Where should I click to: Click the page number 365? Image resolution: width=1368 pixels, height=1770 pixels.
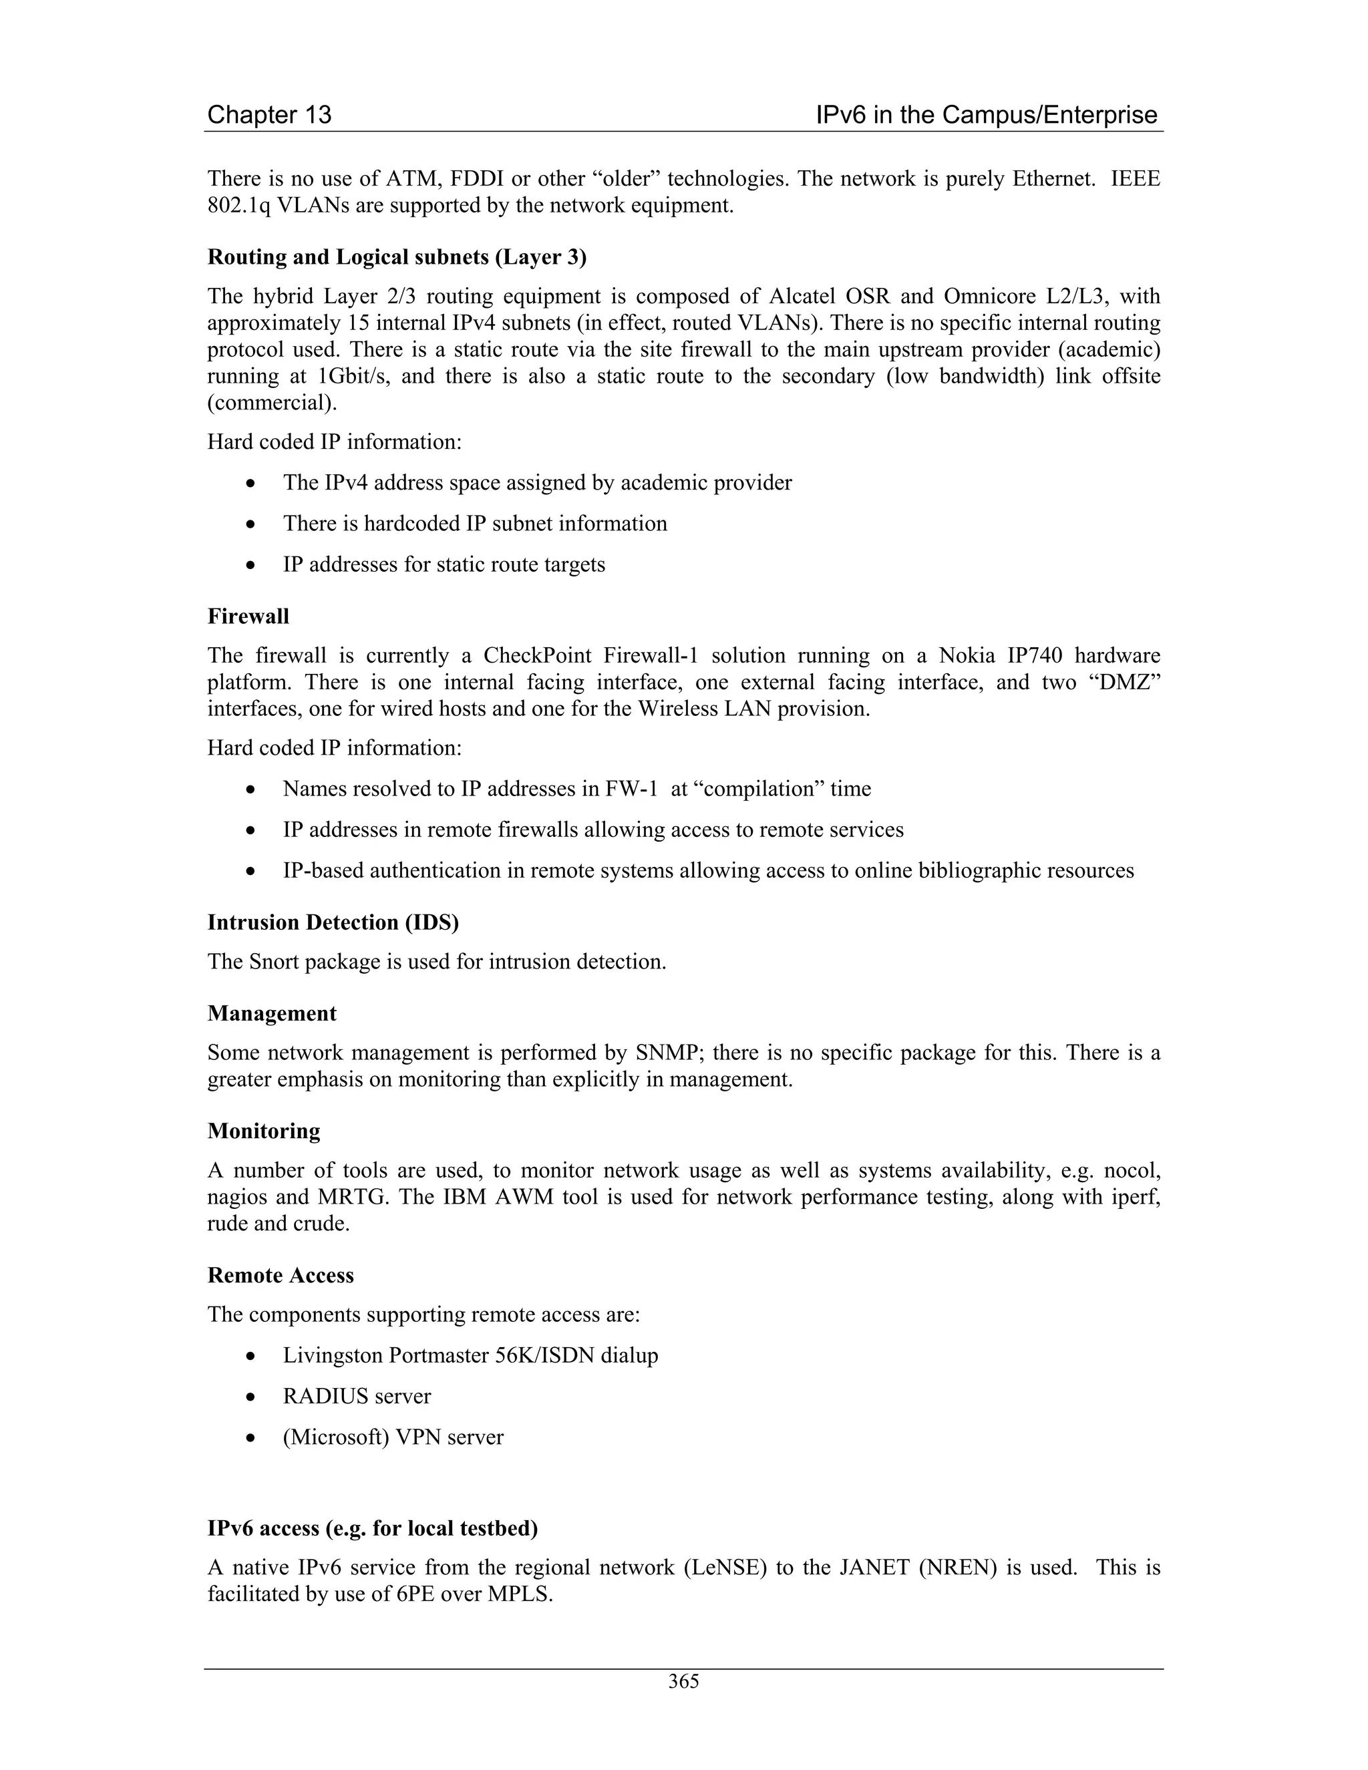(x=683, y=1682)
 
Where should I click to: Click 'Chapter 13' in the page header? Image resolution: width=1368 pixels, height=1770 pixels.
(x=269, y=115)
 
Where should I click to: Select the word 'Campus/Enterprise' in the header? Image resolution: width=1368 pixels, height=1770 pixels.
(x=1049, y=115)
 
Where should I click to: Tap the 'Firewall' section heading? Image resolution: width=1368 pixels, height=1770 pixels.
(x=248, y=616)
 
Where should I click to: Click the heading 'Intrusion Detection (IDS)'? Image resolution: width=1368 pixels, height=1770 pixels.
(x=333, y=922)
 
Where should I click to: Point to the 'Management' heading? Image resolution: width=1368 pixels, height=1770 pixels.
(x=271, y=1014)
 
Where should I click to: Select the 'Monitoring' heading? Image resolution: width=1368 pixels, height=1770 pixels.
(x=263, y=1131)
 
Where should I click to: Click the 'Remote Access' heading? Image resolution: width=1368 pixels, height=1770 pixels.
(x=281, y=1276)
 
